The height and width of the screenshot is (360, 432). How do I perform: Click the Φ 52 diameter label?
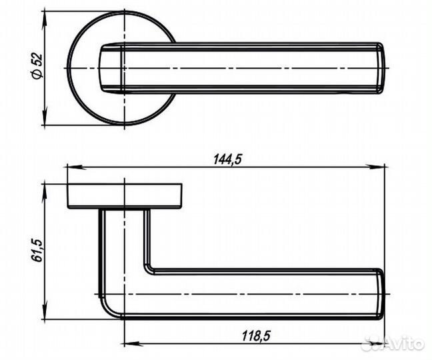pyautogui.click(x=37, y=66)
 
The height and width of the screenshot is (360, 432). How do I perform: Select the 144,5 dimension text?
pyautogui.click(x=227, y=159)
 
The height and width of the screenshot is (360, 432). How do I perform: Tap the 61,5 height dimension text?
pyautogui.click(x=37, y=251)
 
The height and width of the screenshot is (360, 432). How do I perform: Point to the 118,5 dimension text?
pyautogui.click(x=256, y=336)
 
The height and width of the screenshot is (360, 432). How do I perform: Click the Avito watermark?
pyautogui.click(x=393, y=343)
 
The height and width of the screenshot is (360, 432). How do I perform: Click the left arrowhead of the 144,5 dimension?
pyautogui.click(x=77, y=167)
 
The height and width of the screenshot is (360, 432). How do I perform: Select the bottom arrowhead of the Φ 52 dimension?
pyautogui.click(x=44, y=116)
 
